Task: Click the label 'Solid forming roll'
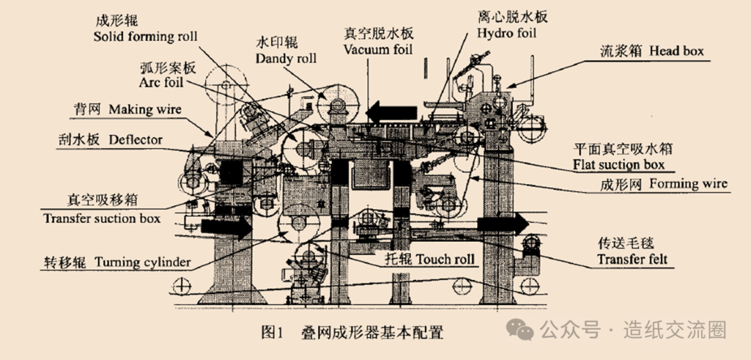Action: pyautogui.click(x=145, y=36)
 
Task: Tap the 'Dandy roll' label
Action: pyautogui.click(x=286, y=58)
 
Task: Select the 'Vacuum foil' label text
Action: pyautogui.click(x=378, y=49)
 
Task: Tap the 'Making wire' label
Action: pyautogui.click(x=145, y=110)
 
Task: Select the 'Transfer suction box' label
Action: pyautogui.click(x=102, y=218)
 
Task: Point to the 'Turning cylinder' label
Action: pyautogui.click(x=143, y=262)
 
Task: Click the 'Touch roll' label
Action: pyautogui.click(x=446, y=260)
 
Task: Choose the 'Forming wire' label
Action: pyautogui.click(x=688, y=183)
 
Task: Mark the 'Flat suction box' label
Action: pyautogui.click(x=618, y=165)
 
